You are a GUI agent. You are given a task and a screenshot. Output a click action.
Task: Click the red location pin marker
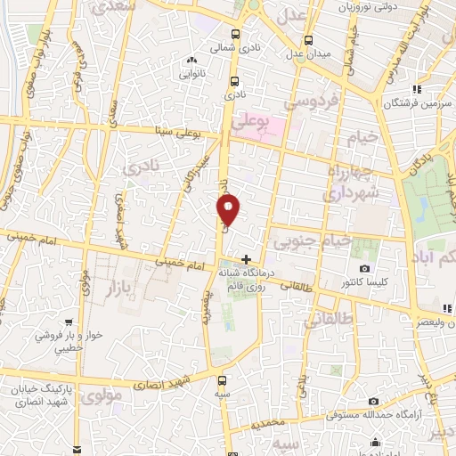click(229, 210)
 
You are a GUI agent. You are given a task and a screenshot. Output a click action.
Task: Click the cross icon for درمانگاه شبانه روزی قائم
click(246, 259)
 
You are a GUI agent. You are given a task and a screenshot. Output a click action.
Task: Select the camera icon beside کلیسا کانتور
click(364, 269)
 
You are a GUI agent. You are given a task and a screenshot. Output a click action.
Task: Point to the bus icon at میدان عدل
click(308, 41)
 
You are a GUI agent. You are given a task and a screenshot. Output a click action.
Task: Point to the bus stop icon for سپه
click(221, 380)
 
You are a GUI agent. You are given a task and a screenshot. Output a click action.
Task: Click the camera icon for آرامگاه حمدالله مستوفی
click(373, 402)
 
